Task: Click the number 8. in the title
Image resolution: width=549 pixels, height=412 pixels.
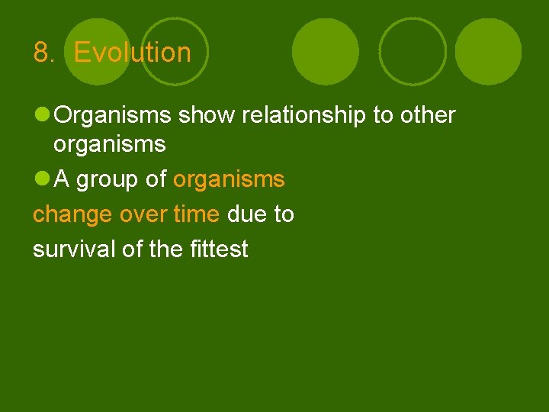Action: point(44,53)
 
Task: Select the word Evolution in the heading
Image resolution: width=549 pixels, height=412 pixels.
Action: point(133,53)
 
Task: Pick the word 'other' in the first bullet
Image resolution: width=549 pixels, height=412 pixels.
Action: point(425,115)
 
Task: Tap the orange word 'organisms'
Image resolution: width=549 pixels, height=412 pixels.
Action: point(229,180)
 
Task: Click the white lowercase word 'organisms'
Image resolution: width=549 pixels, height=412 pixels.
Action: point(110,144)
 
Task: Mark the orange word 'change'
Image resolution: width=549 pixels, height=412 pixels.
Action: point(72,214)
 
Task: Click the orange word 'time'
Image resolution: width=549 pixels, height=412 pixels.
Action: point(196,214)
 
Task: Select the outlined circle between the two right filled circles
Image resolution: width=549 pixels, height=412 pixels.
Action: point(413,50)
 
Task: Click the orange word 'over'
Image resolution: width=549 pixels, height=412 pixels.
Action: point(144,215)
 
